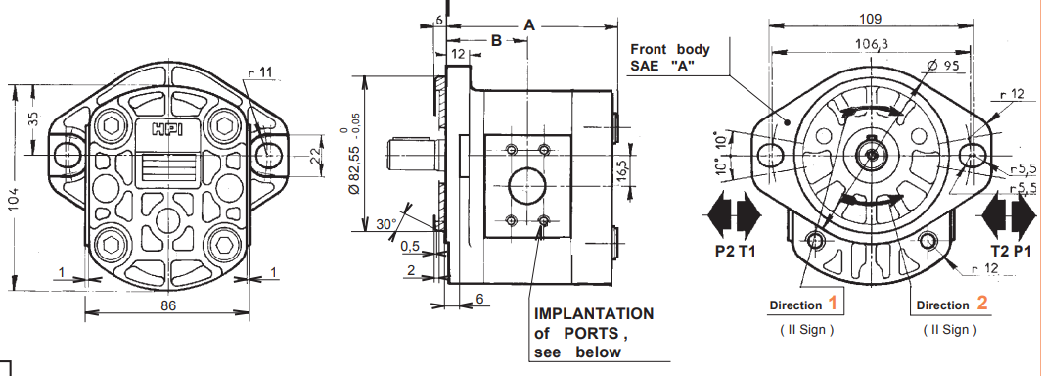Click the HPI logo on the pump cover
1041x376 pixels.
168,129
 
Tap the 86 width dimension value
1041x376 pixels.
168,305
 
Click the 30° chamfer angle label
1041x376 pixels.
385,224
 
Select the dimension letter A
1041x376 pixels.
529,25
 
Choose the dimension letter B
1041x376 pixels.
497,40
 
